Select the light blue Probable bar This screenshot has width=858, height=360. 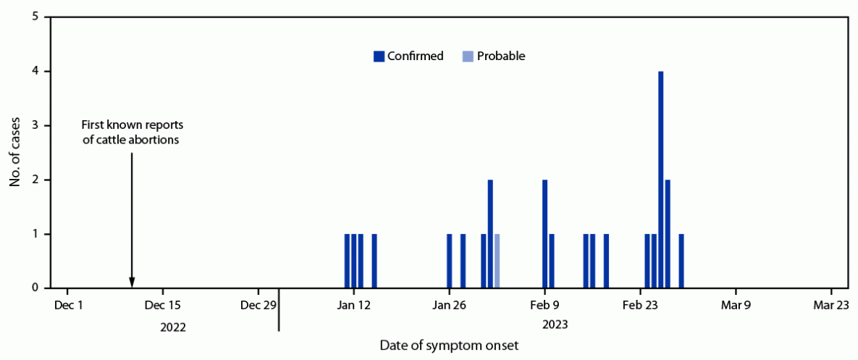coord(497,261)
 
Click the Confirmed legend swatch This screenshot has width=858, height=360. coord(379,56)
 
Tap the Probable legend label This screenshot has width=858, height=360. coord(501,56)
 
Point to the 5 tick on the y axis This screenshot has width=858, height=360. coord(46,17)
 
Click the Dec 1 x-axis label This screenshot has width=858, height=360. coord(69,305)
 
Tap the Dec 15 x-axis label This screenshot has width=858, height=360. coord(164,305)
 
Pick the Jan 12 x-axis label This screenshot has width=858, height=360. coord(354,305)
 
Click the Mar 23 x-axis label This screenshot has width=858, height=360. coord(830,305)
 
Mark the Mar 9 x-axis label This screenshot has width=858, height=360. coord(736,305)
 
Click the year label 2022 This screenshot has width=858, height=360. coord(173,327)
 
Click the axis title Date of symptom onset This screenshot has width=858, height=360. coord(449,346)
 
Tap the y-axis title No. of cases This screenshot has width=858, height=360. coord(14,152)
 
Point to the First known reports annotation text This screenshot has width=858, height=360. coord(130,133)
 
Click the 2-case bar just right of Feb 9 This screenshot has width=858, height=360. coord(544,234)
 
